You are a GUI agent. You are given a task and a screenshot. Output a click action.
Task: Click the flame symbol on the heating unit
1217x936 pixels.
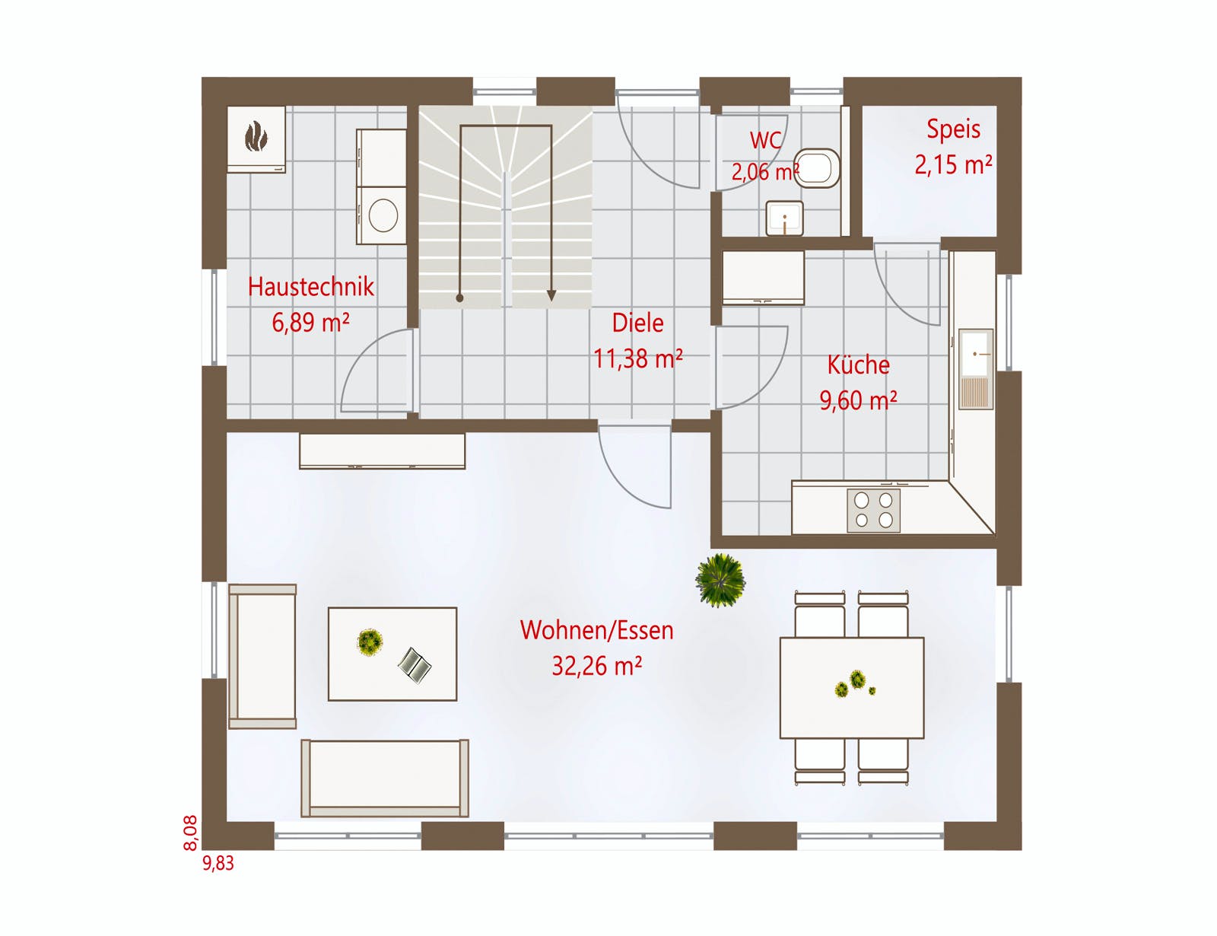coord(256,137)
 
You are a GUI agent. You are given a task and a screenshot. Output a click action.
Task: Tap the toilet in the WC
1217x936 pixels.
coord(817,167)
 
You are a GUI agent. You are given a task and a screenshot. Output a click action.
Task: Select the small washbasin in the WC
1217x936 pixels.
coord(784,218)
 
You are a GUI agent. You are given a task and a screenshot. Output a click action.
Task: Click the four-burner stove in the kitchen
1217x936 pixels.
coord(873,511)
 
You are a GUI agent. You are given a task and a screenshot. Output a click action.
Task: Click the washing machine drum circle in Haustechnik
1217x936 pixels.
coord(383,215)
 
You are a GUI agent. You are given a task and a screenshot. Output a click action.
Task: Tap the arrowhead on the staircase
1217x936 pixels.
coord(551,295)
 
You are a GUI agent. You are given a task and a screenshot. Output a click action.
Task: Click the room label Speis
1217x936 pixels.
coord(953,129)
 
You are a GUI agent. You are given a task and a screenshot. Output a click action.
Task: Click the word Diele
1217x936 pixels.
coord(637,323)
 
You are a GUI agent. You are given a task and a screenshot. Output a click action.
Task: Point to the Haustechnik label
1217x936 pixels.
coord(311,287)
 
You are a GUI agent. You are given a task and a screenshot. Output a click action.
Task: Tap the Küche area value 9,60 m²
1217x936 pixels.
coord(858,400)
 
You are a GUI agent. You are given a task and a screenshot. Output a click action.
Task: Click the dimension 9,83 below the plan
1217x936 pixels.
coord(218,863)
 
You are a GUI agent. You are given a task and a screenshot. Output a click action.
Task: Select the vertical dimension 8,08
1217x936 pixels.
coord(190,833)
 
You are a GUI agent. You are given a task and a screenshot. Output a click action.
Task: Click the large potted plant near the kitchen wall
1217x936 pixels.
coord(720,581)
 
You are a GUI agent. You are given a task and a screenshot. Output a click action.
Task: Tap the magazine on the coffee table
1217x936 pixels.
coord(415,665)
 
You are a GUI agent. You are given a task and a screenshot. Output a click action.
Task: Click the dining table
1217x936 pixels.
coord(852,688)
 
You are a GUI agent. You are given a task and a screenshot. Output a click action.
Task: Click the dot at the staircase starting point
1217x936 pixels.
coord(460,298)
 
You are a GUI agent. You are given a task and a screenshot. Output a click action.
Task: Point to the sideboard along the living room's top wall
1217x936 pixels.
coord(382,451)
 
